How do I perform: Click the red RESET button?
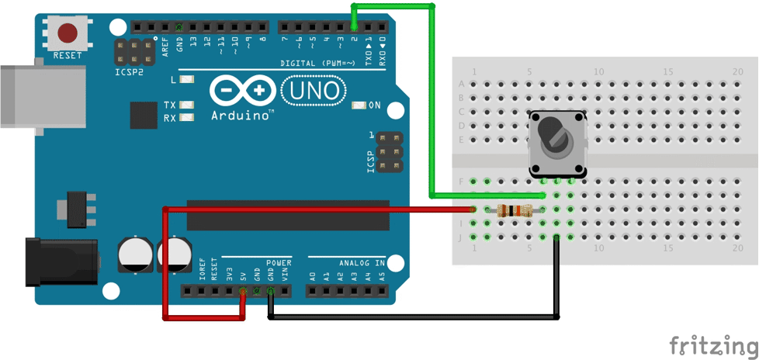[x=68, y=33]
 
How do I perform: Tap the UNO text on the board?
[x=314, y=91]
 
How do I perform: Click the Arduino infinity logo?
[x=242, y=91]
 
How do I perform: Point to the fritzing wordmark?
[x=713, y=344]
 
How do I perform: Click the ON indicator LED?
[x=359, y=105]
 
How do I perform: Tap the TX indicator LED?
[x=186, y=105]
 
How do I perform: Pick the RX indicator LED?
[x=186, y=118]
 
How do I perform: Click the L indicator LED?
[x=186, y=79]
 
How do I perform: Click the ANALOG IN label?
[x=361, y=263]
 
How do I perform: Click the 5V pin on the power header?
[x=243, y=292]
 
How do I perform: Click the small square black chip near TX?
[x=144, y=115]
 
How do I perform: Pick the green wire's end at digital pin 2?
[x=355, y=26]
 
